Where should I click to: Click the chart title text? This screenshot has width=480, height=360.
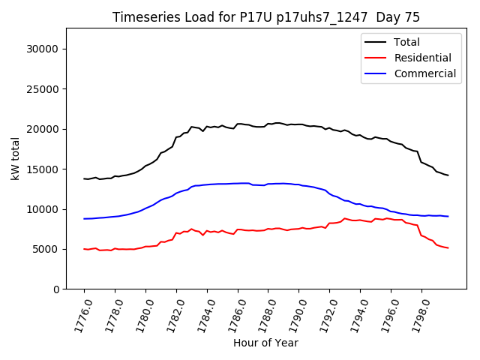266,17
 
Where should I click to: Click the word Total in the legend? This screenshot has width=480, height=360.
407,42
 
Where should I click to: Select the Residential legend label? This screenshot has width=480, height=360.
423,58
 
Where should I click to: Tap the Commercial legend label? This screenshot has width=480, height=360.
425,73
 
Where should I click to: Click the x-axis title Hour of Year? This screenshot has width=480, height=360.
265,343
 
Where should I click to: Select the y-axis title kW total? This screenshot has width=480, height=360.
15,158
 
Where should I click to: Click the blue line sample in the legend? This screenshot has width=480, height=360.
377,73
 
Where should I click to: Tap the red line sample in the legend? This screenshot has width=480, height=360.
377,58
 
